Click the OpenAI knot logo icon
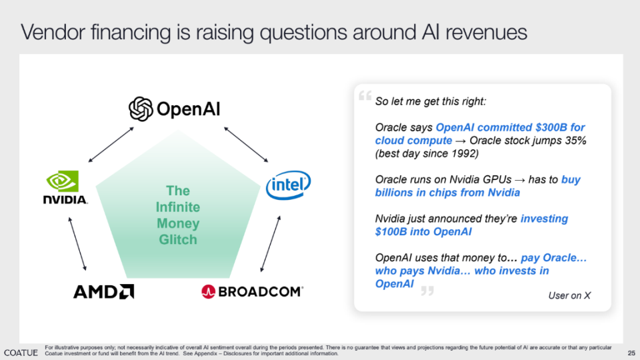click(141, 109)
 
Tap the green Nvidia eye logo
click(63, 181)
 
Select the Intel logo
click(288, 185)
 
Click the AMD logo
click(104, 292)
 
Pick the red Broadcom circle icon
click(208, 291)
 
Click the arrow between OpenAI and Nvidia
click(111, 145)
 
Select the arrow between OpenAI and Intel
click(246, 145)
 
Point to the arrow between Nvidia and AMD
click(77, 244)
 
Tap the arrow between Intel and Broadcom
click(271, 244)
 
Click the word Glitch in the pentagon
click(178, 239)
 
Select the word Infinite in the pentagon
click(178, 207)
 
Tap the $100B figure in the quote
click(391, 232)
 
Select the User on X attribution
click(569, 295)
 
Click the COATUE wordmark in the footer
click(21, 353)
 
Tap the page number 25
click(631, 353)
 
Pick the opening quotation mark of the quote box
click(365, 95)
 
